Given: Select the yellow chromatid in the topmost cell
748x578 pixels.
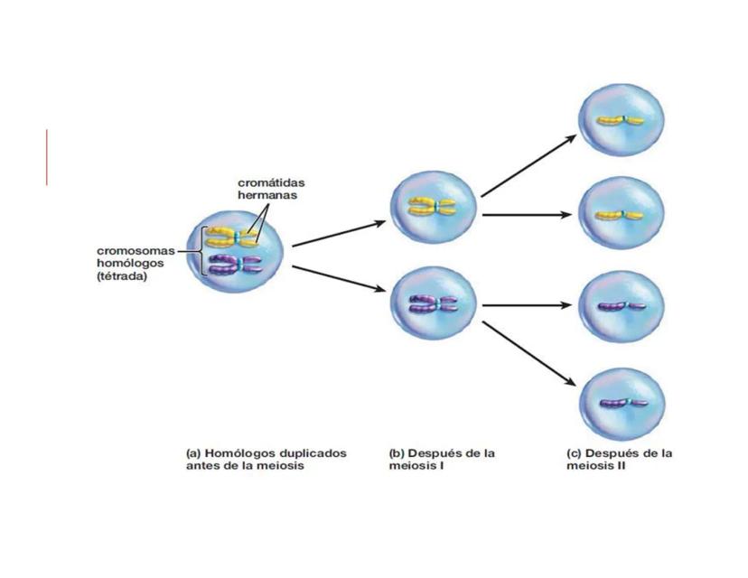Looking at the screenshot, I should [620, 120].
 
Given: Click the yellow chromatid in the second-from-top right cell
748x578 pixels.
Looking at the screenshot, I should [620, 215].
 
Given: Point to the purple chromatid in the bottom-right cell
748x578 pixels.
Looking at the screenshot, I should [620, 401].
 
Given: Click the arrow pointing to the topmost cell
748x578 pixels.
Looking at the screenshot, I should [528, 164].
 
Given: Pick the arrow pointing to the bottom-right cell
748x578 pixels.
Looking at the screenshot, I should [528, 353].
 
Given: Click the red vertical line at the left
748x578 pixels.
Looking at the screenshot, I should [46, 157].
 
